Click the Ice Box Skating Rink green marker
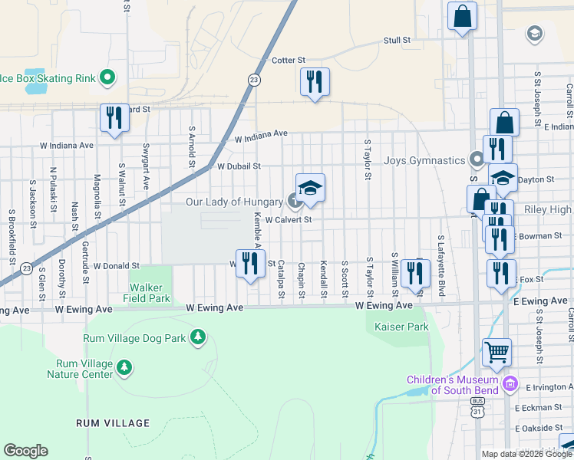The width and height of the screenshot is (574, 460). tap(108, 77)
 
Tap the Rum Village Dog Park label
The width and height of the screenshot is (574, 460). tap(136, 337)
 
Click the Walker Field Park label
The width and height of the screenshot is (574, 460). tap(150, 292)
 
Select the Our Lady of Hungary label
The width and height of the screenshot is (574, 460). tap(235, 202)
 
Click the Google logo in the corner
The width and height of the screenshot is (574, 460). tap(25, 451)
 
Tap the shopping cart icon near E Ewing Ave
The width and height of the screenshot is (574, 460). tap(497, 352)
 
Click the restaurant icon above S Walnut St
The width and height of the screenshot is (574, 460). tap(114, 118)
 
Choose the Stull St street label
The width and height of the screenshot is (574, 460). tap(397, 40)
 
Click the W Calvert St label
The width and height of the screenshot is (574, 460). tap(288, 220)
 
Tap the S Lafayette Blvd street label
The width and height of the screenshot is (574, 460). tap(441, 257)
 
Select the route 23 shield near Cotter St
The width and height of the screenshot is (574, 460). tap(253, 79)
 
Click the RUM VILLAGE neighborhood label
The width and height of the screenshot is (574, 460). tap(113, 423)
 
